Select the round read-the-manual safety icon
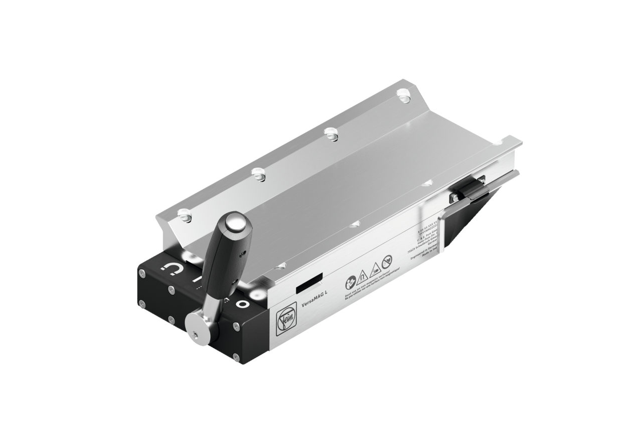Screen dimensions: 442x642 point(350,280)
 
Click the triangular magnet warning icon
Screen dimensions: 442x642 point(361,274)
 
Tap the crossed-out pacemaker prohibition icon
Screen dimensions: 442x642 point(386,261)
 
